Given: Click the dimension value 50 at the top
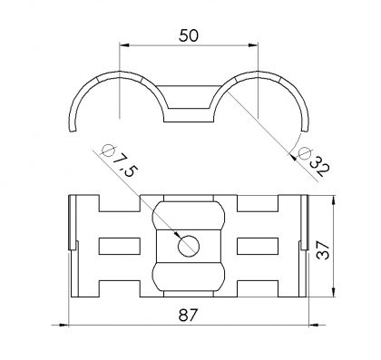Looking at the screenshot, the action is point(189,35).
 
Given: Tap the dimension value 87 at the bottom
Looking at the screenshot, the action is point(188,316).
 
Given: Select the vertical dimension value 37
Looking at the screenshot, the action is point(323,250).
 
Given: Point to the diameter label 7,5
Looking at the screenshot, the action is point(124,165).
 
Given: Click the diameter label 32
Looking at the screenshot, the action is point(319,166).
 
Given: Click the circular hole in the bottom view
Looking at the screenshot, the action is point(189,246).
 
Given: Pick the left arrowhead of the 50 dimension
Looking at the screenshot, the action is point(124,45).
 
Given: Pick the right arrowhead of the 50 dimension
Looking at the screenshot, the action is point(253,45).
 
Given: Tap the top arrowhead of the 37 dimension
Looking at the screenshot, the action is point(334,200).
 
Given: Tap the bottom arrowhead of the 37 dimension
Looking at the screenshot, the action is point(334,292).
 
